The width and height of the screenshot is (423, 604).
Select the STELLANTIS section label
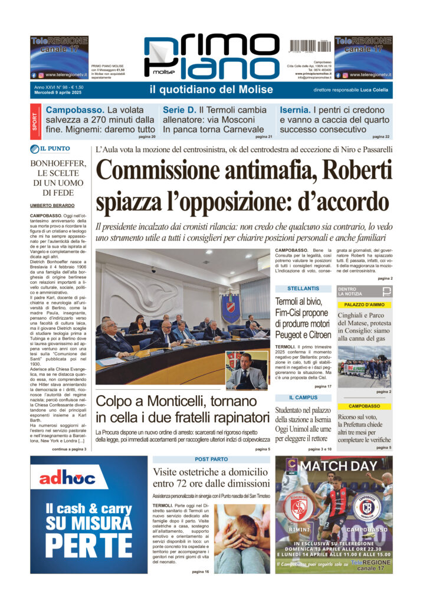(303, 288)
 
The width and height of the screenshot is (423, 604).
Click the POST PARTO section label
(212, 459)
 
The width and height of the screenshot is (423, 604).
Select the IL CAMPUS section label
(303, 398)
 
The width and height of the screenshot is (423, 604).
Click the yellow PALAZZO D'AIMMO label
(364, 305)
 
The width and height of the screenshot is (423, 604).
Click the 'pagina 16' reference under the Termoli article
(200, 571)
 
